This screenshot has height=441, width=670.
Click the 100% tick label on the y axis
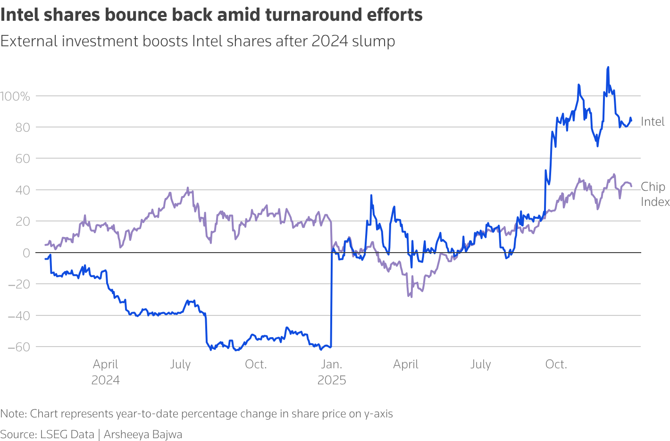click(x=15, y=96)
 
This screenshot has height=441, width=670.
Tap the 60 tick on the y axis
click(x=22, y=159)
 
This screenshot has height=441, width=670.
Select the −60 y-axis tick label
click(x=18, y=347)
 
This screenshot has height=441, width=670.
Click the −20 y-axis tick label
click(x=18, y=284)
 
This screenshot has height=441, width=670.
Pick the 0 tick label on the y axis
click(x=26, y=253)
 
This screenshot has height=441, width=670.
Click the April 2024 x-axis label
click(x=105, y=372)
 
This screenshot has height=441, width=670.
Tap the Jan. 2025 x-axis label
click(x=331, y=372)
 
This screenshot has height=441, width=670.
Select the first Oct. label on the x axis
click(x=256, y=365)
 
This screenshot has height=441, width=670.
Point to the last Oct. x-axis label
click(x=556, y=365)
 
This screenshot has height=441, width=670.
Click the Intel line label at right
click(x=653, y=122)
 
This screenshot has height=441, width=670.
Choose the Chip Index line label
click(x=655, y=194)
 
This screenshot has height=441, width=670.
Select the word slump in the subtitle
click(x=376, y=41)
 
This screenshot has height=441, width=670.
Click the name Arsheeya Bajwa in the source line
click(x=143, y=434)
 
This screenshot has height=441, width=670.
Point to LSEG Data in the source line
click(x=67, y=434)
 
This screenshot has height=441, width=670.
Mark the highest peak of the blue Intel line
click(x=608, y=68)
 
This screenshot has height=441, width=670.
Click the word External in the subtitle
click(x=29, y=41)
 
